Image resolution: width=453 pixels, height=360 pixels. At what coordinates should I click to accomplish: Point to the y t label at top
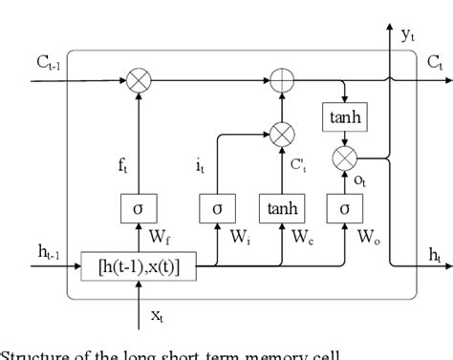[408, 36]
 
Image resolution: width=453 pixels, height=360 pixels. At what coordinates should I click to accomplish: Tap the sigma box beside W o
[342, 207]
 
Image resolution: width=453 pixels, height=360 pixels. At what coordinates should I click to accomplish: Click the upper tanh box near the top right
[342, 116]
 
